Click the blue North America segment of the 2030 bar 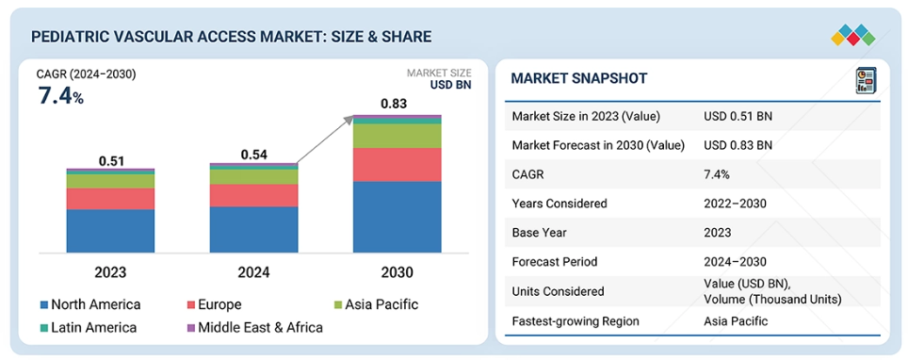pos(397,217)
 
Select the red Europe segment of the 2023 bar pos(110,199)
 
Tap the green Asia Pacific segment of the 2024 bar pos(253,177)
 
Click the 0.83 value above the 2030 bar pos(394,105)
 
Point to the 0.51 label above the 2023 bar pos(112,161)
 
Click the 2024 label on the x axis pos(254,272)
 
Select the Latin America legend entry pos(88,328)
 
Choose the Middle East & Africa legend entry pos(254,328)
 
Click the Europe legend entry pos(214,304)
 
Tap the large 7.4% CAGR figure pos(61,95)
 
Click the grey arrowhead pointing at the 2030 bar pos(348,120)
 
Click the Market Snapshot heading pos(578,78)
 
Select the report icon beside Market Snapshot pos(866,80)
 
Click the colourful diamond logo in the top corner pos(853,35)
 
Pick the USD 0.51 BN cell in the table pos(738,116)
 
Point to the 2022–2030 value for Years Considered pos(735,204)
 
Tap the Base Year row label pos(539,233)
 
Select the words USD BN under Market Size pos(450,85)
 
